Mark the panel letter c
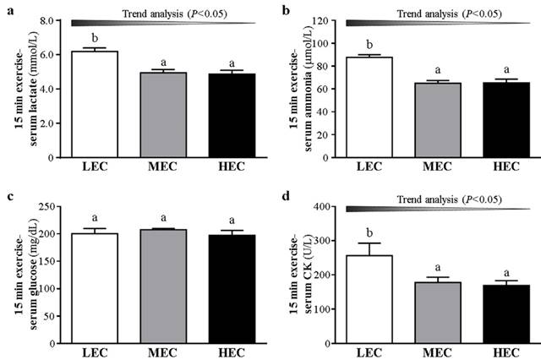8,197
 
